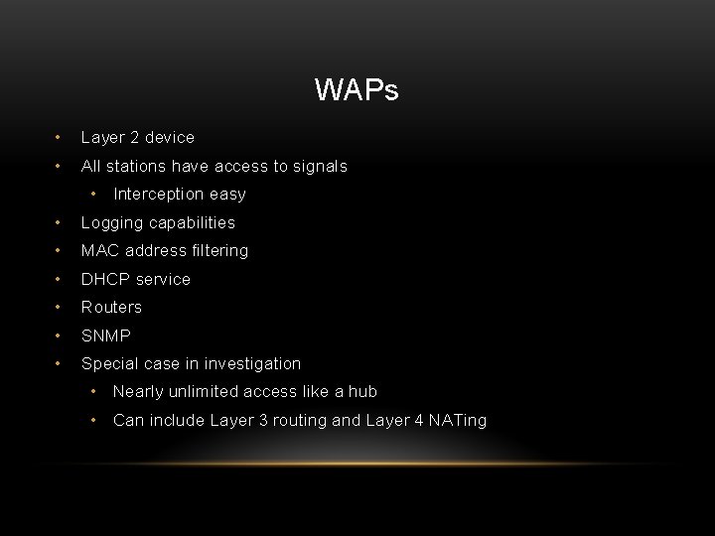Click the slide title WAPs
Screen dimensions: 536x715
(357, 91)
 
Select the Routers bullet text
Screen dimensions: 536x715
(111, 307)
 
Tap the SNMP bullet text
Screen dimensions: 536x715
(105, 335)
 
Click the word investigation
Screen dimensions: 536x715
(252, 363)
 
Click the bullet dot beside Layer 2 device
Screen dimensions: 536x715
(61, 137)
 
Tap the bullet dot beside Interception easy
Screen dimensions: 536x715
(93, 194)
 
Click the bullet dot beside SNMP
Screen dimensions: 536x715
(61, 335)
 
